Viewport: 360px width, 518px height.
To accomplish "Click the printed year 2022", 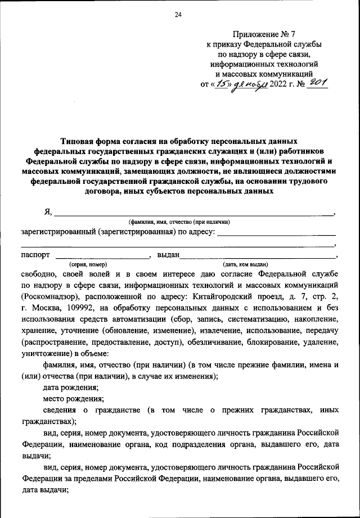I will point(279,85).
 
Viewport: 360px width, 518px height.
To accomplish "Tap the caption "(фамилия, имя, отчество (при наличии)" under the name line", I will point(179,222).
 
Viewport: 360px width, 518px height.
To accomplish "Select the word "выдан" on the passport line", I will point(168,254).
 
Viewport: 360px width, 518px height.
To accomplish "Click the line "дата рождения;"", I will point(71,388).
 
